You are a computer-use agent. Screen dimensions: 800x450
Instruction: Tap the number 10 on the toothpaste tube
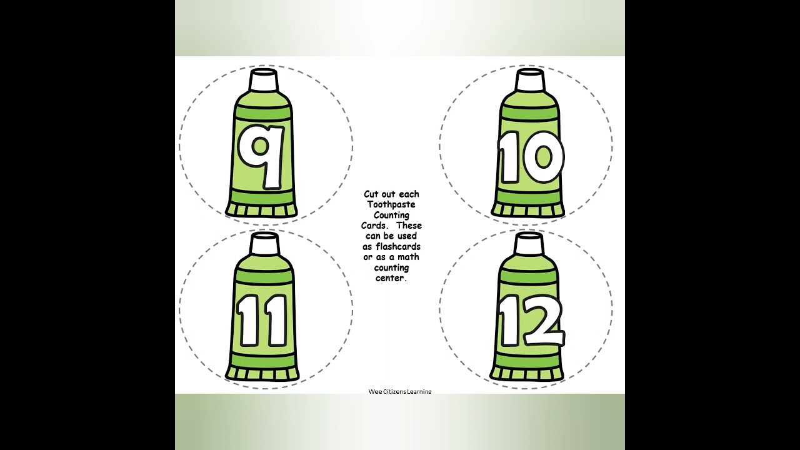531,157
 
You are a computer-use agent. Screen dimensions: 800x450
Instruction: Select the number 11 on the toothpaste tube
262,321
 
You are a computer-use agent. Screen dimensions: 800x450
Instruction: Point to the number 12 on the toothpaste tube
532,321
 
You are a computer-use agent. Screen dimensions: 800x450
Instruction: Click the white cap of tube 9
264,80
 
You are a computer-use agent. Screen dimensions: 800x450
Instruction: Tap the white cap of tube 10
530,80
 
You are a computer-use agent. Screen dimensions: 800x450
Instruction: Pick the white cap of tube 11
264,244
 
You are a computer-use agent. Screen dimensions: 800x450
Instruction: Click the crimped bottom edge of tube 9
261,210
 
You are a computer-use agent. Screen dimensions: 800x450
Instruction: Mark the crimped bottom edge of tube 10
528,210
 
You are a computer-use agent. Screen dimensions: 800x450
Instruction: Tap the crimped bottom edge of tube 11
262,374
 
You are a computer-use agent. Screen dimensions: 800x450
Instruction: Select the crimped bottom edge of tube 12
527,374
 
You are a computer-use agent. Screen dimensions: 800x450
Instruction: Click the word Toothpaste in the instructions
391,205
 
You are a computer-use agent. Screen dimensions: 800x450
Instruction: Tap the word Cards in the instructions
374,226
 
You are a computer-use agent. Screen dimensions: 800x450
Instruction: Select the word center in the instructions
391,278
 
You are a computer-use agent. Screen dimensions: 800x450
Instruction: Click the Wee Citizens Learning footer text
400,391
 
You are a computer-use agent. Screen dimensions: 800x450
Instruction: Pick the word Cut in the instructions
371,194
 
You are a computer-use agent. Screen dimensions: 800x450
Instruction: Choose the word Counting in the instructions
391,216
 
